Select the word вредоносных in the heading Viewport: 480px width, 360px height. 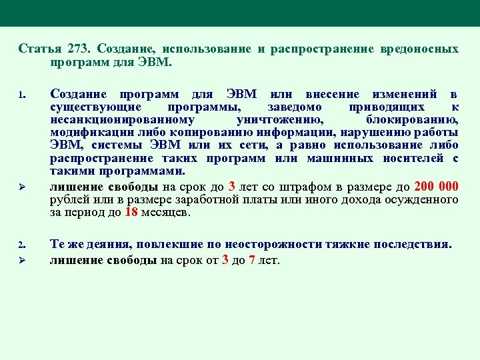coord(419,49)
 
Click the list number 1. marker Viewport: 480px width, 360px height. coord(21,94)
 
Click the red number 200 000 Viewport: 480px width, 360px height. coord(436,186)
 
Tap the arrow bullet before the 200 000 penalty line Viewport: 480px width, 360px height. coord(22,186)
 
